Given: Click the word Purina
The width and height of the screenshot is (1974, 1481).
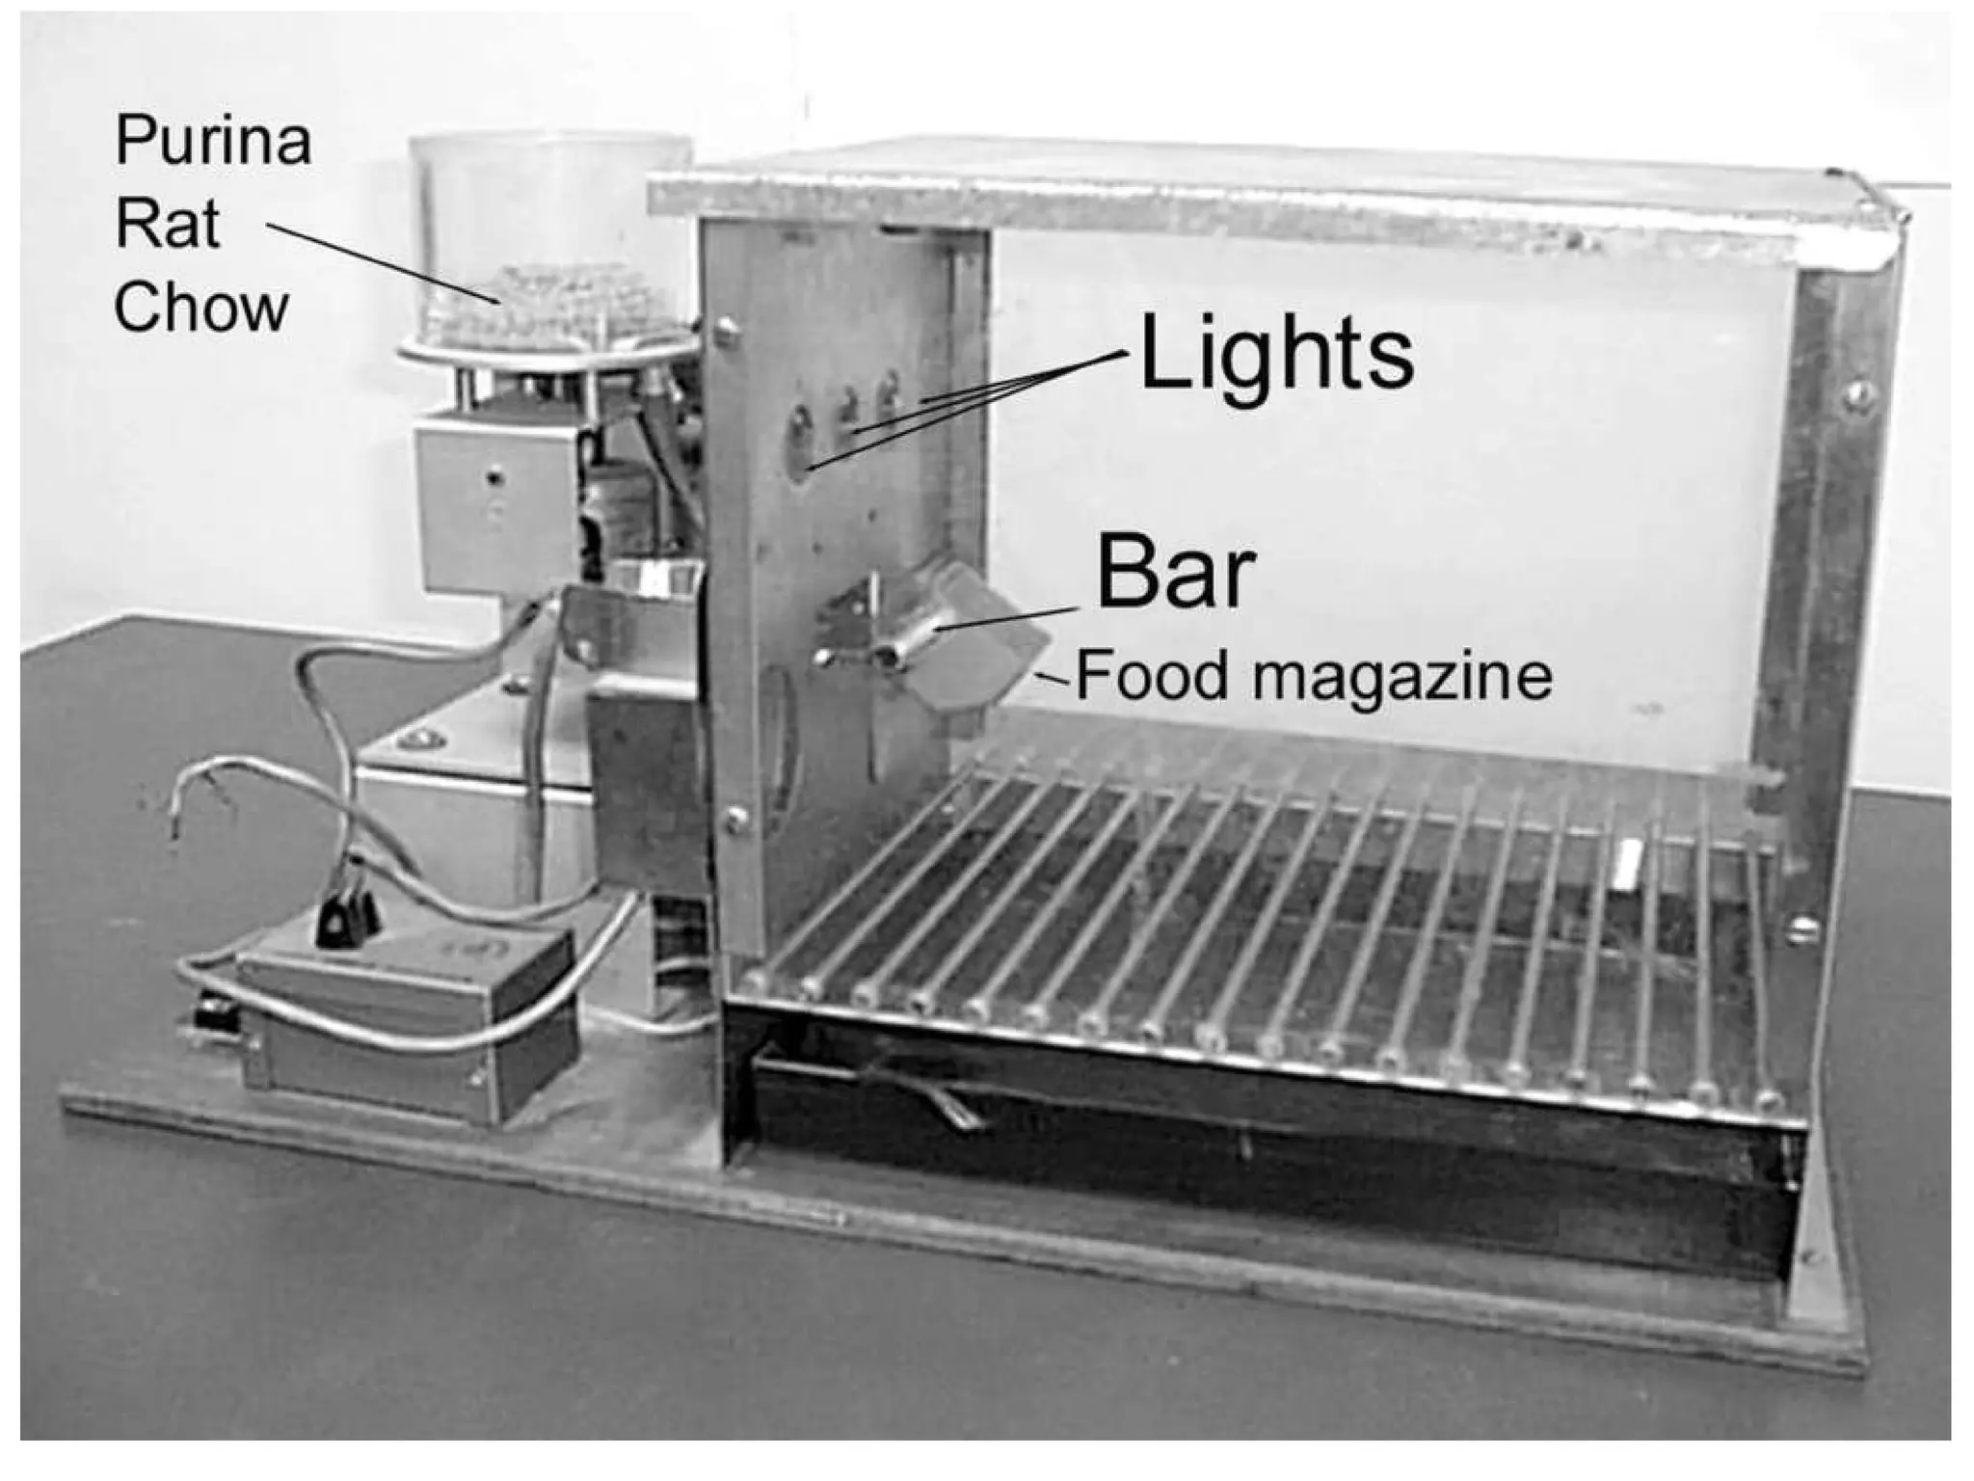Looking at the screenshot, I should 213,141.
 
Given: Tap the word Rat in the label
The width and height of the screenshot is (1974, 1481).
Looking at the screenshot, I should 167,224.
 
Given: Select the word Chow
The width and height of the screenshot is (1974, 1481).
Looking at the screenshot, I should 201,308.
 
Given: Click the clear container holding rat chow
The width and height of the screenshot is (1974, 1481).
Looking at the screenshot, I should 549,241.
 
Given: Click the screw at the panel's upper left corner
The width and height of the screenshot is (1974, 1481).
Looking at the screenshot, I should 728,333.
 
